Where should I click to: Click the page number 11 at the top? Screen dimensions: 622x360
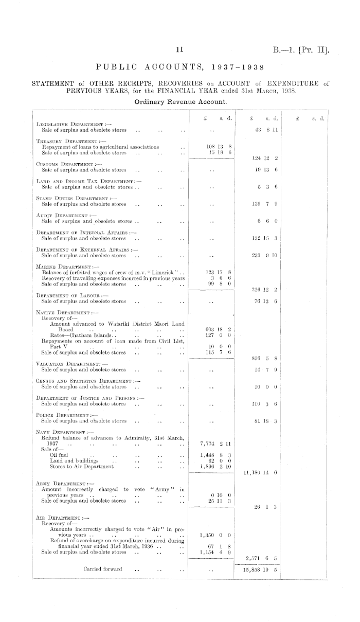coord(179,50)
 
